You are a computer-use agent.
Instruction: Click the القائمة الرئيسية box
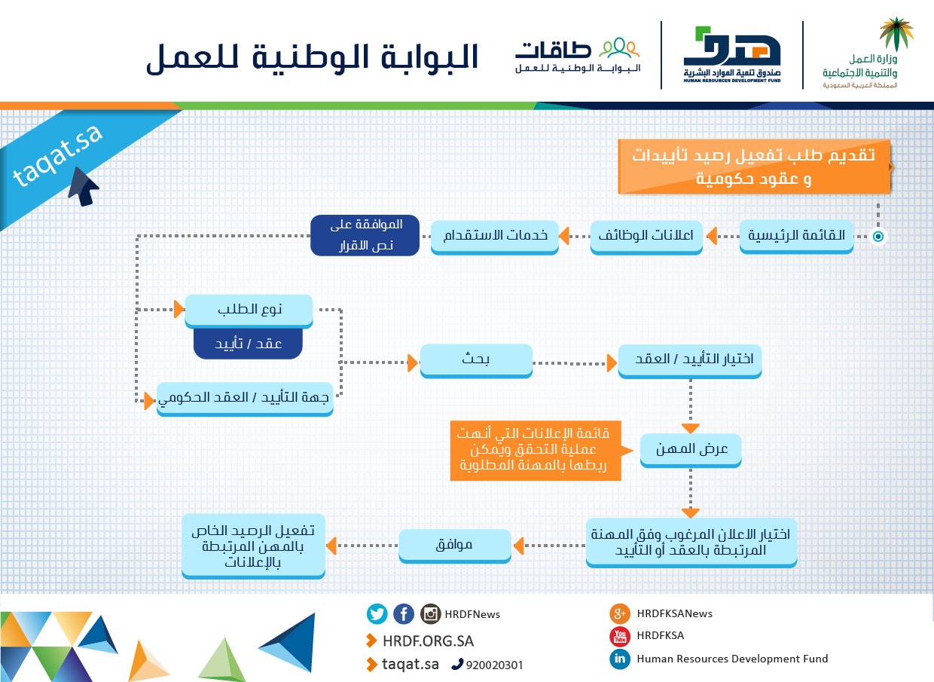796,236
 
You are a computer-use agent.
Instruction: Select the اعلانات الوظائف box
646,236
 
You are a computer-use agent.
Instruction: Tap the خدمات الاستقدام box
494,236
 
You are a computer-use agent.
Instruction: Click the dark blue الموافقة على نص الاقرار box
365,235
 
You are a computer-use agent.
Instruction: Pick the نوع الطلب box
249,310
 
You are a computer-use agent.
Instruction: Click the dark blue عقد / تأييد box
248,343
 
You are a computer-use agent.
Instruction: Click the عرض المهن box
691,448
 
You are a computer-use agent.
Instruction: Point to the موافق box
454,544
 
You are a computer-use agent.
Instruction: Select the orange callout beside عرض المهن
536,451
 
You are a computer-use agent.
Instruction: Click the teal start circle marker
878,237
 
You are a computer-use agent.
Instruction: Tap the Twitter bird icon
377,614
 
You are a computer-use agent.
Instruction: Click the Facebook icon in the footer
404,614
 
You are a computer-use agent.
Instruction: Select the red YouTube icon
619,636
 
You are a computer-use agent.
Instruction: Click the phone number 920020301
494,665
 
